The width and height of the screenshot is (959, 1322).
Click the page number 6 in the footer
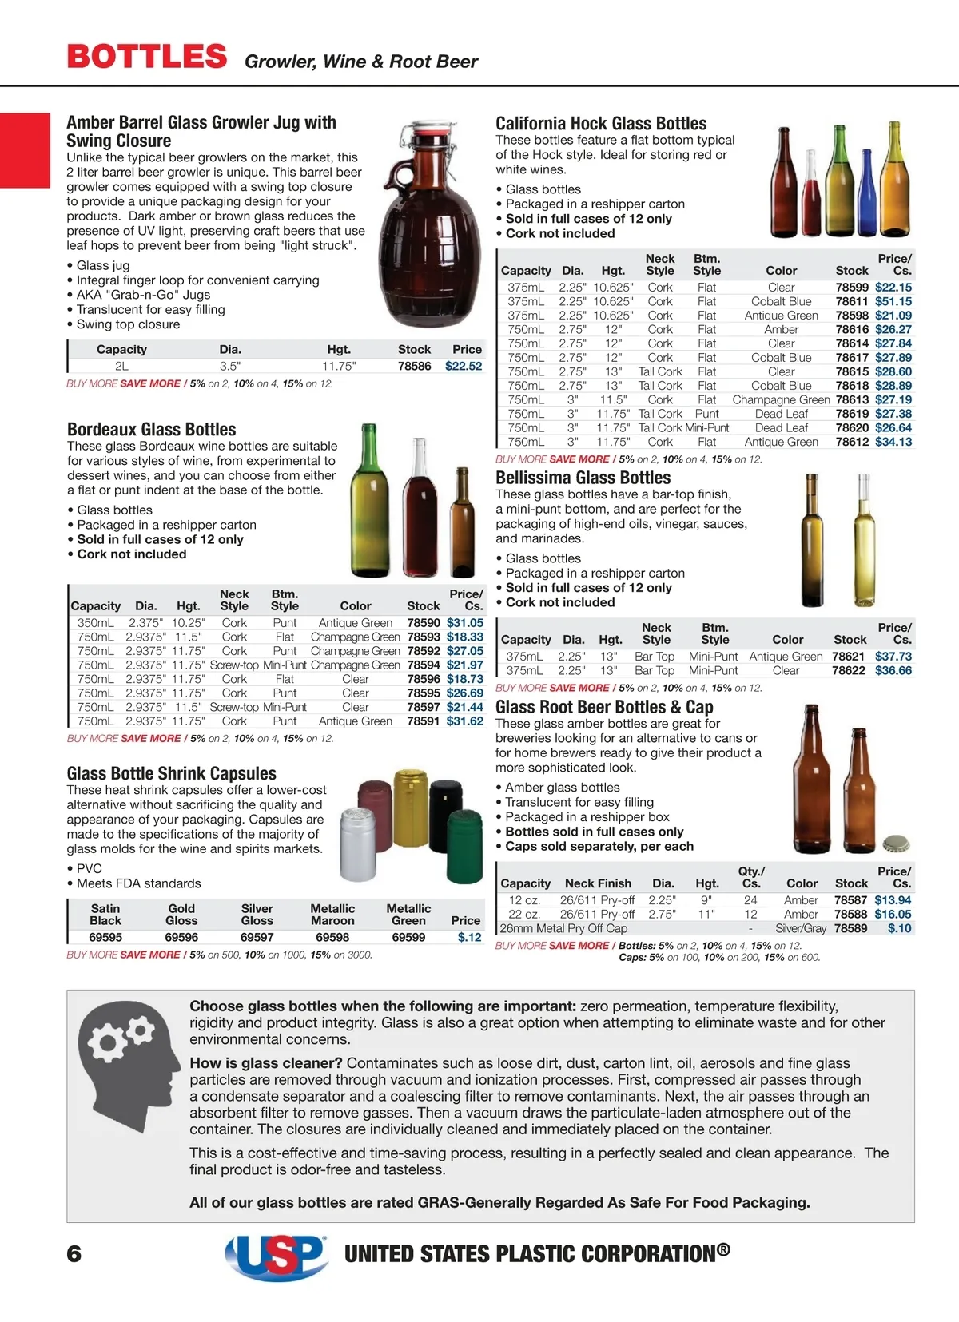74,1253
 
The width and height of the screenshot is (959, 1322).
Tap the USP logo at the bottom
276,1255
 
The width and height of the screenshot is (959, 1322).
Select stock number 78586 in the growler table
414,366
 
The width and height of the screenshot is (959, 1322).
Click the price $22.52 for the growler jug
464,366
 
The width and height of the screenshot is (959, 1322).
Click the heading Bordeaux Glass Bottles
152,430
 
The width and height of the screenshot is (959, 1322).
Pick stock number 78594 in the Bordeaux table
423,665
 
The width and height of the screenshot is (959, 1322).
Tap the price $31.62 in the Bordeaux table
464,721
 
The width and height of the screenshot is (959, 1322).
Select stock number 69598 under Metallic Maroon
332,937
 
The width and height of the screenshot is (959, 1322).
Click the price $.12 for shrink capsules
469,937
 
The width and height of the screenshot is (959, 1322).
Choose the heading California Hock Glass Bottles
601,124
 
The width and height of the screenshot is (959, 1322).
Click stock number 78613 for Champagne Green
852,399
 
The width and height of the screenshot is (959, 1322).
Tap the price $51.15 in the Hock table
893,301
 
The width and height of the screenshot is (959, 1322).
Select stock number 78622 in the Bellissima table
849,670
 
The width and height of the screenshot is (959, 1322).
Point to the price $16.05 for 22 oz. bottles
893,914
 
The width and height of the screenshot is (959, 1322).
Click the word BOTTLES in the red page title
147,57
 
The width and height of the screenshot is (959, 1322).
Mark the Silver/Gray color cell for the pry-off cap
801,928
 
